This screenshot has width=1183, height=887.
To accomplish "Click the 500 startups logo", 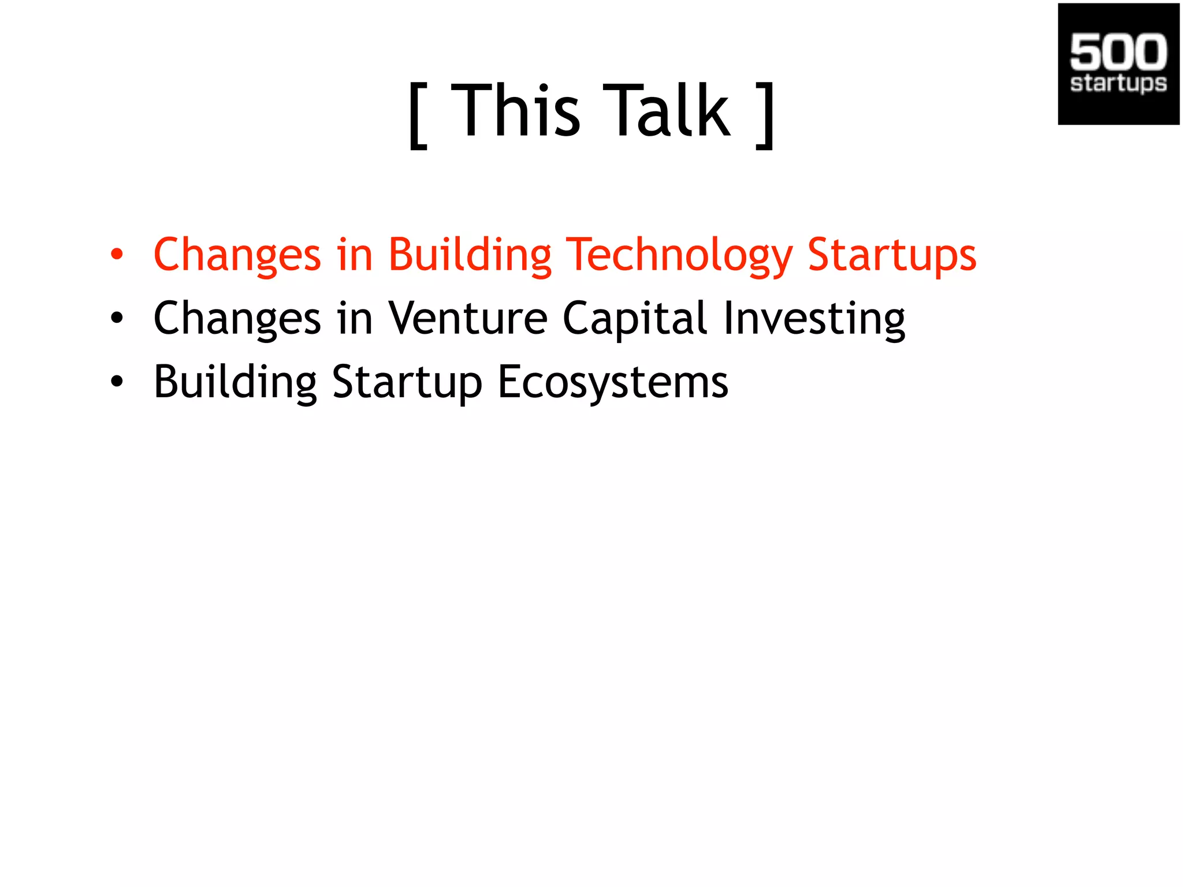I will (x=1118, y=64).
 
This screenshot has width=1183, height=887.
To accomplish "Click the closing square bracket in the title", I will (x=765, y=115).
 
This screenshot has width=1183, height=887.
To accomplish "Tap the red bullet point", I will (x=117, y=254).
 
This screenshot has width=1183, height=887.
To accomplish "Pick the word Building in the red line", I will (x=470, y=254).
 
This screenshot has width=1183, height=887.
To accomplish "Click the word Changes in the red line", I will (x=237, y=254).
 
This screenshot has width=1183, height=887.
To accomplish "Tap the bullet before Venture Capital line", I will (x=117, y=318).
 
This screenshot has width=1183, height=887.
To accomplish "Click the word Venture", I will (x=467, y=318).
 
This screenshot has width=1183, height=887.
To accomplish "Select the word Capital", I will (x=635, y=318).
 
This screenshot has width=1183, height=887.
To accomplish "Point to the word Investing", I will (x=814, y=318).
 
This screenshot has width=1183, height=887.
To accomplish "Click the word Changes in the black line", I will (x=237, y=318).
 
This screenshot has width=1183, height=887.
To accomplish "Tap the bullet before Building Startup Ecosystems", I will (x=117, y=382).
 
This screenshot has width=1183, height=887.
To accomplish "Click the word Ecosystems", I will (x=613, y=382).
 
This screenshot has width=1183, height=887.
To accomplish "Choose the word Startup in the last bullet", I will (x=407, y=382).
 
